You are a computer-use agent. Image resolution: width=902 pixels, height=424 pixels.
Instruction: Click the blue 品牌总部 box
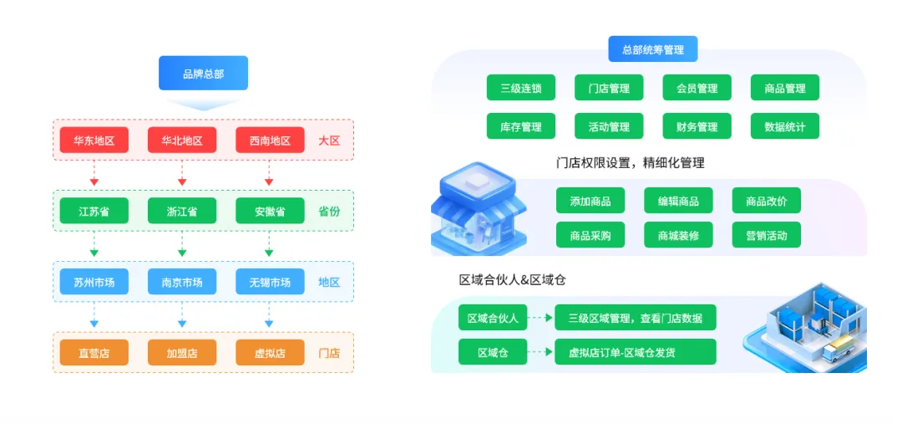pyautogui.click(x=203, y=74)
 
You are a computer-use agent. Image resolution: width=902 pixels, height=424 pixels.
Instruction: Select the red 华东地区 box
pyautogui.click(x=94, y=140)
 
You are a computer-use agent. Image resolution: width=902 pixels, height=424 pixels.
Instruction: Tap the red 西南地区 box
pyautogui.click(x=270, y=140)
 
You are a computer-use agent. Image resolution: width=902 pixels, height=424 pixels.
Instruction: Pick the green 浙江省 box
pyautogui.click(x=181, y=212)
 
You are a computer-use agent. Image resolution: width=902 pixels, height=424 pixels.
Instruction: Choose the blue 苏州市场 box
pyautogui.click(x=94, y=282)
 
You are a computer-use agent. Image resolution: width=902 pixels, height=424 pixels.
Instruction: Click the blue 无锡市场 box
pyautogui.click(x=270, y=282)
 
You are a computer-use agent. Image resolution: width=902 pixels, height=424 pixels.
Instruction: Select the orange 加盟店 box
pyautogui.click(x=181, y=353)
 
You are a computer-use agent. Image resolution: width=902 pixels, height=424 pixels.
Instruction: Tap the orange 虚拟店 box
pyautogui.click(x=270, y=353)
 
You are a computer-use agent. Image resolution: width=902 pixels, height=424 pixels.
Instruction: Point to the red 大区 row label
pyautogui.click(x=329, y=140)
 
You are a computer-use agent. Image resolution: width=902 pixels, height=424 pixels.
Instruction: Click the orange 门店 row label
pyautogui.click(x=329, y=353)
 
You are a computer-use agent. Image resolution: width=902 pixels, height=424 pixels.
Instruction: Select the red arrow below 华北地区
pyautogui.click(x=181, y=176)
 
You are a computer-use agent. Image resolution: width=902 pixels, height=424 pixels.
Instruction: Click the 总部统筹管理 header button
pyautogui.click(x=653, y=49)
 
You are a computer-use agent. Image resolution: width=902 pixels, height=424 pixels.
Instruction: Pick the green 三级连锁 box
pyautogui.click(x=521, y=88)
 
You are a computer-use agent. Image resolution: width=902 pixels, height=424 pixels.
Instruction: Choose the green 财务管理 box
pyautogui.click(x=697, y=126)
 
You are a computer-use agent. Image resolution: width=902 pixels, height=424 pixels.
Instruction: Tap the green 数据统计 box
pyautogui.click(x=785, y=126)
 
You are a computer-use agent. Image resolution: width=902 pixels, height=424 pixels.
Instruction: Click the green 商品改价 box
pyautogui.click(x=767, y=201)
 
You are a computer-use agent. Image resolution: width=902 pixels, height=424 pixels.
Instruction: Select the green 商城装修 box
pyautogui.click(x=678, y=235)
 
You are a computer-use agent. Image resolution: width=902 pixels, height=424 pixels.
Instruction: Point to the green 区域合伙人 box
pyautogui.click(x=493, y=318)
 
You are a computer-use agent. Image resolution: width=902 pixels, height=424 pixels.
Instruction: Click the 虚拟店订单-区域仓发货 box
pyautogui.click(x=635, y=352)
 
